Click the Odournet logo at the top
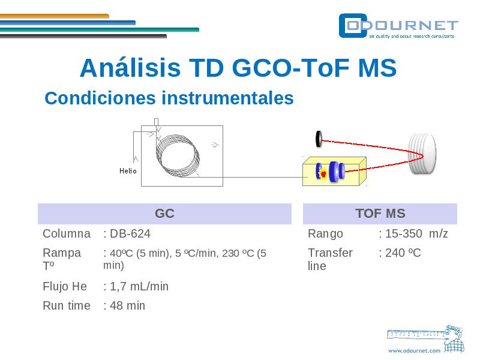[398, 26]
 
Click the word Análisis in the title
[130, 67]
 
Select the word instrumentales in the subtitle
[227, 98]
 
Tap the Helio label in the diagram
[128, 171]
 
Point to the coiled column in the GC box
[178, 155]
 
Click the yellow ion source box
[334, 172]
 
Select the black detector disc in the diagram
[319, 139]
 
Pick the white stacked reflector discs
[422, 154]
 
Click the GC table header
[164, 214]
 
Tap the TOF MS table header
[380, 214]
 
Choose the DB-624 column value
[130, 233]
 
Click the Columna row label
[67, 233]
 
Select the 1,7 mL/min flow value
[139, 287]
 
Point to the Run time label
[67, 305]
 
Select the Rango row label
[325, 234]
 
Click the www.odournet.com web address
[414, 350]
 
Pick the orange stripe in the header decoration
[55, 16]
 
